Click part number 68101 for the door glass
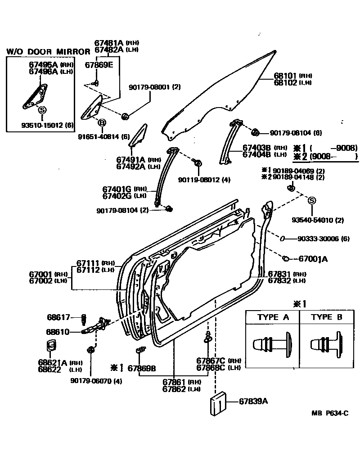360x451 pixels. coord(285,76)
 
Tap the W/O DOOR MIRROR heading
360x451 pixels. coord(48,52)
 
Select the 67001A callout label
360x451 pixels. coord(313,259)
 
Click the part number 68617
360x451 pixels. coord(58,317)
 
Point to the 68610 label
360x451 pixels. coord(58,332)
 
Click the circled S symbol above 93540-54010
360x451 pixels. coord(311,201)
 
